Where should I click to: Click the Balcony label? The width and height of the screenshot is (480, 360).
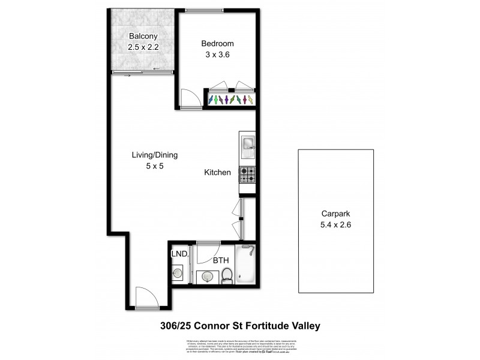[142, 35]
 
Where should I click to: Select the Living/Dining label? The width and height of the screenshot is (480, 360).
[155, 155]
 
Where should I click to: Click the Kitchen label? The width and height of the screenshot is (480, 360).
[218, 172]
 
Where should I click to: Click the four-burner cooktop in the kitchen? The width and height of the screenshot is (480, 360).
[247, 175]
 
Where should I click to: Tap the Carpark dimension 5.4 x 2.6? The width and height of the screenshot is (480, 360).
[335, 225]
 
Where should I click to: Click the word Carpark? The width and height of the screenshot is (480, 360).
[335, 214]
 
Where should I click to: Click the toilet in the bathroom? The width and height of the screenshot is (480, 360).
[227, 275]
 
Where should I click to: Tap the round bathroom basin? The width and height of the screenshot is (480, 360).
[206, 277]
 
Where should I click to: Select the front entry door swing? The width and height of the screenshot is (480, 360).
[145, 297]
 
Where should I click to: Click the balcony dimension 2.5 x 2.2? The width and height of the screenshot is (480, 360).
[142, 46]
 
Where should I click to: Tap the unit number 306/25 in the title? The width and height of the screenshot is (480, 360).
[180, 326]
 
